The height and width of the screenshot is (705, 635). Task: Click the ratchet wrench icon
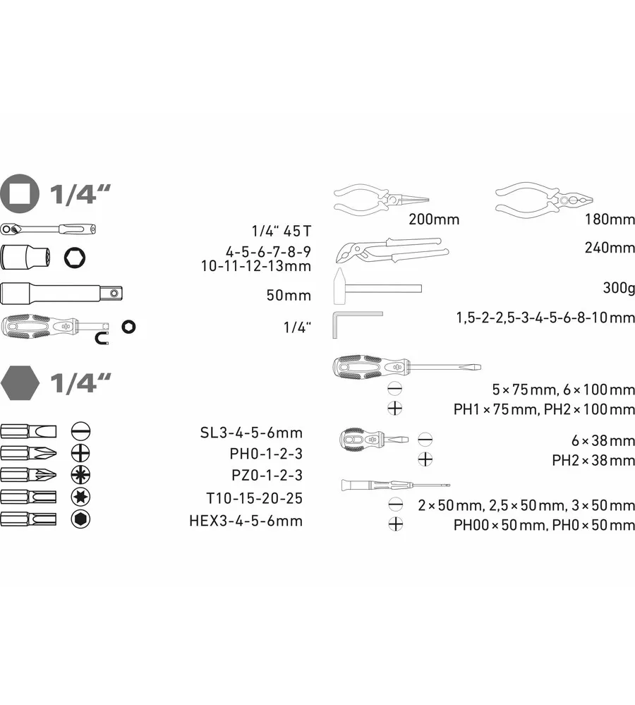click(x=48, y=229)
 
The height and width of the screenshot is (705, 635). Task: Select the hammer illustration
click(x=377, y=287)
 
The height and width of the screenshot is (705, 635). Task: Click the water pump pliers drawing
click(x=392, y=251)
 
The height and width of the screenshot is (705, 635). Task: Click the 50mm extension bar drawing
click(x=61, y=294)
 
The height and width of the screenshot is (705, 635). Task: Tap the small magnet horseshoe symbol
click(x=102, y=339)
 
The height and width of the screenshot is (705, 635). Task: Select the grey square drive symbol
click(x=20, y=193)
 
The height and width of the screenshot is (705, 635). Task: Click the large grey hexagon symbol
click(x=20, y=383)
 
